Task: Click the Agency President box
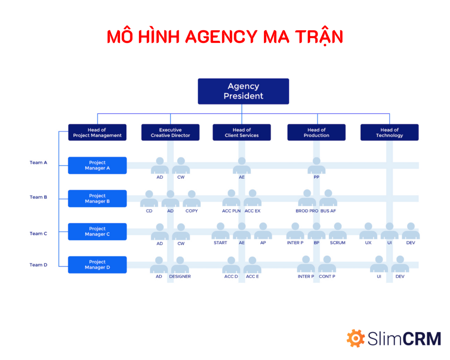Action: [243, 91]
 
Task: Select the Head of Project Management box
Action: [97, 132]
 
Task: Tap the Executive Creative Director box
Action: [170, 132]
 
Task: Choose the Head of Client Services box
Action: [242, 132]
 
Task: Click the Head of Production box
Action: [316, 132]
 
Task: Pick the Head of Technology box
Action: [390, 132]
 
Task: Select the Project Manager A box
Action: [97, 165]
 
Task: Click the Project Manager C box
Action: [97, 231]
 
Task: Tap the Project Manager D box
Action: [97, 264]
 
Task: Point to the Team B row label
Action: [38, 197]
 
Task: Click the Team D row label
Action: [38, 265]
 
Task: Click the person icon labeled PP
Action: [316, 165]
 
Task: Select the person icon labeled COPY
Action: [192, 199]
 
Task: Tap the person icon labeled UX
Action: [368, 231]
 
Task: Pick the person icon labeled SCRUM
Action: [337, 231]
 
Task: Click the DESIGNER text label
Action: [180, 276]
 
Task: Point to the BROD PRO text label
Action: [307, 211]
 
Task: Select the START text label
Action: [220, 243]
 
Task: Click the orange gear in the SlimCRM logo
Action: [355, 338]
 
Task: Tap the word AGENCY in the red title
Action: [221, 37]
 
